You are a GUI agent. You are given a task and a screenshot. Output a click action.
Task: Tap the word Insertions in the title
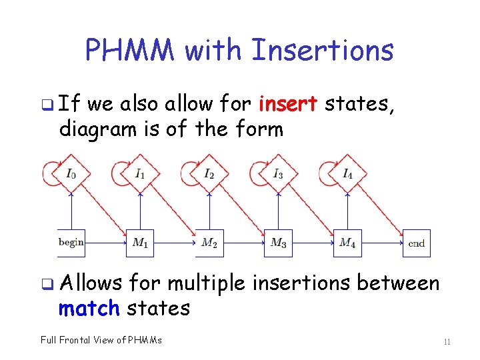click(x=321, y=50)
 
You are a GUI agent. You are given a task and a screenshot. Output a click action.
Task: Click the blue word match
click(x=88, y=308)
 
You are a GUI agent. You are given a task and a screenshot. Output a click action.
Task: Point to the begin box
click(x=71, y=243)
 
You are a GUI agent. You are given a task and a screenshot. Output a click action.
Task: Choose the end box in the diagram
click(x=417, y=243)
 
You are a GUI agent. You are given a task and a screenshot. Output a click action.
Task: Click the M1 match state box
click(x=140, y=243)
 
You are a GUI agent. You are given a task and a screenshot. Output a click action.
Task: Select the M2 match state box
click(x=209, y=243)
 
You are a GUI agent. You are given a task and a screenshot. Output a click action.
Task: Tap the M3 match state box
click(x=278, y=243)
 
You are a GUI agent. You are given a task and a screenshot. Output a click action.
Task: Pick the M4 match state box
click(x=347, y=243)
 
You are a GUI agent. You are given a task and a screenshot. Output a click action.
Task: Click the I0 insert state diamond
click(x=71, y=174)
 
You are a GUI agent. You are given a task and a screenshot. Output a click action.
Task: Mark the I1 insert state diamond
click(x=140, y=174)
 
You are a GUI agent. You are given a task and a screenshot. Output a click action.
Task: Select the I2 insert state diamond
click(x=209, y=174)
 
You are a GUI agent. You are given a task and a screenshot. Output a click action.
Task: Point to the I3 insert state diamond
click(x=278, y=174)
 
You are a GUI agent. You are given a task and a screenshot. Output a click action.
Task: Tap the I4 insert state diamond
click(x=347, y=174)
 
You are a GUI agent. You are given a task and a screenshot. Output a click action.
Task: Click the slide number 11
click(x=447, y=342)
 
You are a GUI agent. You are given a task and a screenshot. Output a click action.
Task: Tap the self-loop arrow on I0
click(x=49, y=173)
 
